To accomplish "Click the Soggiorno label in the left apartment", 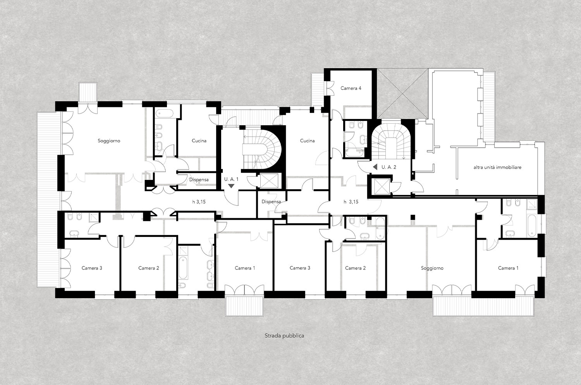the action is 109,141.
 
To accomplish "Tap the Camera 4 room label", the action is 351,88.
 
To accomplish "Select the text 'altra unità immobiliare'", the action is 497,167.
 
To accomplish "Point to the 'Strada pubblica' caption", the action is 284,336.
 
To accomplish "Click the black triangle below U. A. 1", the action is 231,186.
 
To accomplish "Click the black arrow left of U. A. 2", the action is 375,167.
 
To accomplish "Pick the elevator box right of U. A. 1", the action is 269,181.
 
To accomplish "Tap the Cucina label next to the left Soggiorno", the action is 199,141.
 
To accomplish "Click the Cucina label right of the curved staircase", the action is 308,141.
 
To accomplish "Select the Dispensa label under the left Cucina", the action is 199,180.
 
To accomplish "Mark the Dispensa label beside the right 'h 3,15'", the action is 271,202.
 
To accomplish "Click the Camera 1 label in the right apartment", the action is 508,268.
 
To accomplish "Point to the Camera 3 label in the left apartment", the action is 92,268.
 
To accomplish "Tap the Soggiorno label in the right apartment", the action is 432,268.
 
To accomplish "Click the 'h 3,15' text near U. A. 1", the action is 199,202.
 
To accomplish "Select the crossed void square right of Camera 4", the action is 402,94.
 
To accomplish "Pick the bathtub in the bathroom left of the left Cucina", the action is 164,114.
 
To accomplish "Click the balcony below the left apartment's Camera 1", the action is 244,307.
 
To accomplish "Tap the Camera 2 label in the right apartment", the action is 355,268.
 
